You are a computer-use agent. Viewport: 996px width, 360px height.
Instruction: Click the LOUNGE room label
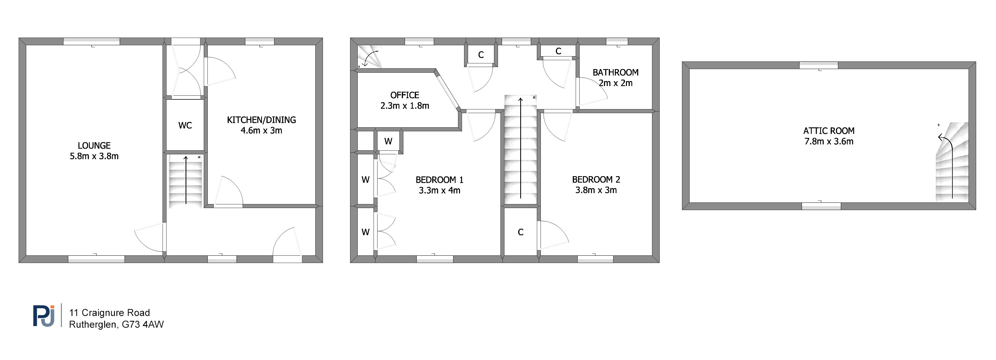pyautogui.click(x=94, y=145)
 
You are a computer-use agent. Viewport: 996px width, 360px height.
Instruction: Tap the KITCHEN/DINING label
pyautogui.click(x=262, y=120)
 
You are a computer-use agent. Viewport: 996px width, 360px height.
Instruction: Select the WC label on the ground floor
pyautogui.click(x=185, y=126)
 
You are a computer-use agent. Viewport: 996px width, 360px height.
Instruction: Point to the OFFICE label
pyautogui.click(x=405, y=95)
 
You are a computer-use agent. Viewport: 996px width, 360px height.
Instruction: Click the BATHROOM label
pyautogui.click(x=616, y=73)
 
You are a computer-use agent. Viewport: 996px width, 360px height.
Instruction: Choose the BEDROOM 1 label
pyautogui.click(x=439, y=180)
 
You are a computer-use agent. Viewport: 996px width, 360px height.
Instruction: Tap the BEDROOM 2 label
pyautogui.click(x=596, y=180)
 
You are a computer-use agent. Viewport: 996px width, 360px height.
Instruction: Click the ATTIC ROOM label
pyautogui.click(x=829, y=131)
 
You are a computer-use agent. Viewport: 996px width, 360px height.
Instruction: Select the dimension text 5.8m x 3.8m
pyautogui.click(x=94, y=156)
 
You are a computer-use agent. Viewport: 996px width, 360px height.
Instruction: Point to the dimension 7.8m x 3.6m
pyautogui.click(x=829, y=141)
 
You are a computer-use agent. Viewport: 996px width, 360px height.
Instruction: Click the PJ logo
pyautogui.click(x=44, y=316)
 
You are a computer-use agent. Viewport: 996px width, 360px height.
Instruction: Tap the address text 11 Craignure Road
pyautogui.click(x=110, y=313)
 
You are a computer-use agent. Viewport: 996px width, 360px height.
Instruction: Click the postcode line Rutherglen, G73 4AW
pyautogui.click(x=116, y=324)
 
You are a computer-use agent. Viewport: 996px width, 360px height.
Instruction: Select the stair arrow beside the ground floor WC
pyautogui.click(x=186, y=180)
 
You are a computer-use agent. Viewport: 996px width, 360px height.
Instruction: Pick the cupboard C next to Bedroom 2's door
pyautogui.click(x=521, y=232)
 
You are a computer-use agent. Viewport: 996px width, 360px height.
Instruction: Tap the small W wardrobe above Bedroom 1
pyautogui.click(x=388, y=141)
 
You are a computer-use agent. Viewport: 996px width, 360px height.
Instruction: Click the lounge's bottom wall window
pyautogui.click(x=96, y=259)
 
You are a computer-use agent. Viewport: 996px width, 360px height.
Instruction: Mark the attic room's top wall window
pyautogui.click(x=819, y=65)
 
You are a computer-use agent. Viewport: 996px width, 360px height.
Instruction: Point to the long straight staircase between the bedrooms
pyautogui.click(x=521, y=150)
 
